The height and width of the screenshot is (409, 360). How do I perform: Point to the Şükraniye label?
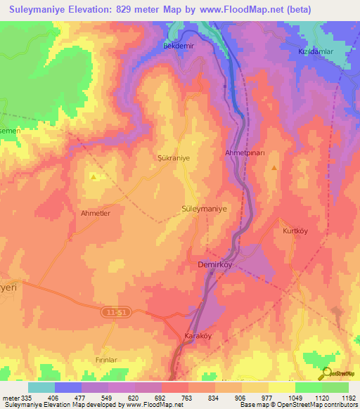coord(173,159)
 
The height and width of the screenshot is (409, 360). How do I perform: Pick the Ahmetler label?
coord(96,212)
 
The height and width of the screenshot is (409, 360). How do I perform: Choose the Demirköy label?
coord(214,266)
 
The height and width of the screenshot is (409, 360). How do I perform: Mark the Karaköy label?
coord(198,335)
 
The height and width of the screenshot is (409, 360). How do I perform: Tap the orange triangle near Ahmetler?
coord(94,177)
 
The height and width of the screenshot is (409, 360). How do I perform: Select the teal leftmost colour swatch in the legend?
coord(41,387)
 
